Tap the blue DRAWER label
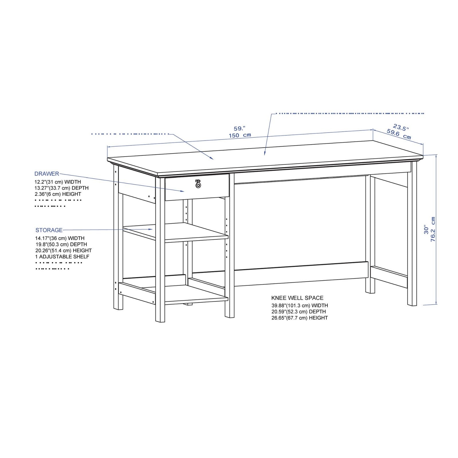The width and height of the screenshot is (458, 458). pyautogui.click(x=47, y=174)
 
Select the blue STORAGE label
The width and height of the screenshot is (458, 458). pyautogui.click(x=49, y=230)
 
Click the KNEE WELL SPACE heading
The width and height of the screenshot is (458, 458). pyautogui.click(x=297, y=298)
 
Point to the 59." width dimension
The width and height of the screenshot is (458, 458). pyautogui.click(x=240, y=129)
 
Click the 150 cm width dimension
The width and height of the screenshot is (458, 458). pyautogui.click(x=240, y=135)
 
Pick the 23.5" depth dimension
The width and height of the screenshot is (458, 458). pyautogui.click(x=401, y=127)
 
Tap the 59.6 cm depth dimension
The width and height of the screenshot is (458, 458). pyautogui.click(x=399, y=134)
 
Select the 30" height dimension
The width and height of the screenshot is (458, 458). pyautogui.click(x=427, y=229)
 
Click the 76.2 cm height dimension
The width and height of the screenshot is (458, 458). pyautogui.click(x=433, y=229)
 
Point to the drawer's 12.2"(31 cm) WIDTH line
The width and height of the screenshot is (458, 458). pyautogui.click(x=58, y=182)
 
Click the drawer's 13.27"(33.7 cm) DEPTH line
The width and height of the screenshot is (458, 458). pyautogui.click(x=61, y=188)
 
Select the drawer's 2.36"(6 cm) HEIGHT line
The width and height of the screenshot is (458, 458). pyautogui.click(x=58, y=194)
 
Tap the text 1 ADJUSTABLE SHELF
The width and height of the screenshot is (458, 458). pyautogui.click(x=62, y=257)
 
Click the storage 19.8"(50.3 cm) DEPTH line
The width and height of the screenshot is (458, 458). pyautogui.click(x=61, y=244)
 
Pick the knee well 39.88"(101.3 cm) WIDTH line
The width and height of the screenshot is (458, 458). pyautogui.click(x=299, y=306)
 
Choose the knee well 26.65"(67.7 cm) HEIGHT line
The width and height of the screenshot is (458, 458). pyautogui.click(x=299, y=318)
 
